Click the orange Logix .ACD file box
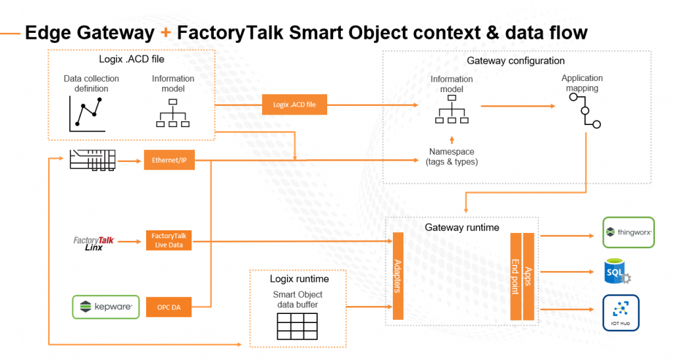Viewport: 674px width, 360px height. point(294,105)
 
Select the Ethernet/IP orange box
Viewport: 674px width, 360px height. point(169,160)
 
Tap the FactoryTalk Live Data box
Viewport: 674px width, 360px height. point(169,241)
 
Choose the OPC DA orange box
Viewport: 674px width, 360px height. point(169,307)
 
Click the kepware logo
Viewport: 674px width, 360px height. point(106,307)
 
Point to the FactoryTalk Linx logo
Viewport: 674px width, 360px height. point(93,244)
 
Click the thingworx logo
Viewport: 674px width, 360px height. point(629,232)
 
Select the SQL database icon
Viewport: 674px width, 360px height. point(617,270)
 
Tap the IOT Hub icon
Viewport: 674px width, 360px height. point(621,313)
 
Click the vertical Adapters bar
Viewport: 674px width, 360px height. point(397,276)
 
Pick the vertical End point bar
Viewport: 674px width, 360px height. point(515,276)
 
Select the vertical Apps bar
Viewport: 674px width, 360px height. point(528,276)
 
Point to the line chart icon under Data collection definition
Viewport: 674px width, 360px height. point(87,114)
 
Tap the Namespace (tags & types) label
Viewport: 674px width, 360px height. point(452,157)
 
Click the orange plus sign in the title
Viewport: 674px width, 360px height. point(166,32)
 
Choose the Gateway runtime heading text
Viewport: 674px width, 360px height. point(462,228)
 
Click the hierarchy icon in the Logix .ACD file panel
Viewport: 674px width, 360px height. point(173,113)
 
